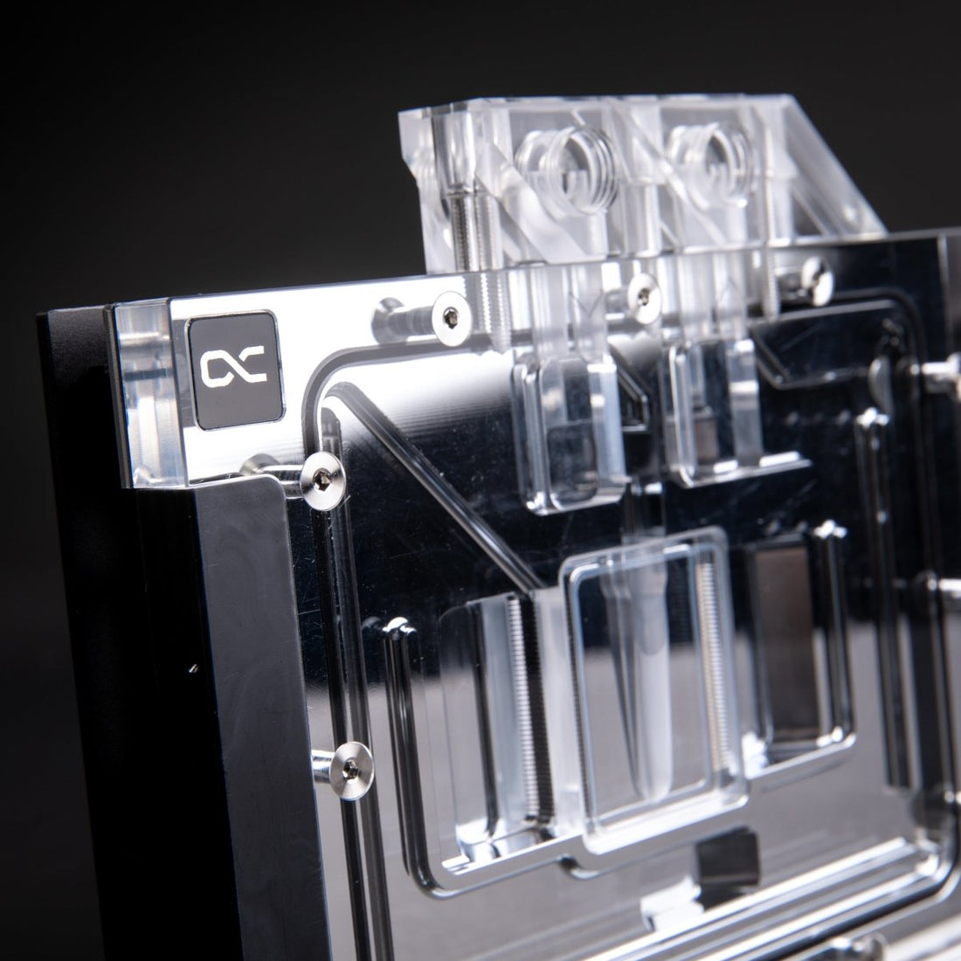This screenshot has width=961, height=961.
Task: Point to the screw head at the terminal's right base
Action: (x=812, y=266)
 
